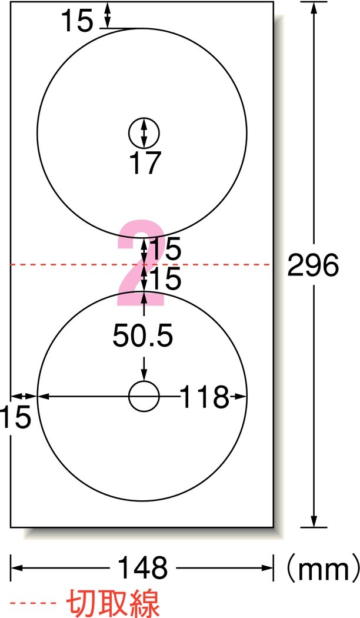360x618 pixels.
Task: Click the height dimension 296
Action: [x=313, y=265]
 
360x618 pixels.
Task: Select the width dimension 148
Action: [x=142, y=568]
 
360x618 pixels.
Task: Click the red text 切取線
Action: [x=113, y=603]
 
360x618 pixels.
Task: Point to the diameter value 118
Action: [x=205, y=397]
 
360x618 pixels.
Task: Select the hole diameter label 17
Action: [x=145, y=162]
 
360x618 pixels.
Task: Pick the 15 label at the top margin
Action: [x=77, y=21]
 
